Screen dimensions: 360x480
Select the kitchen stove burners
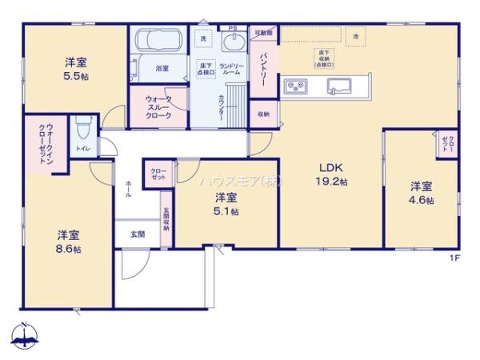tap(292, 85)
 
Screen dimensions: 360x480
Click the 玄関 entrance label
tap(137, 234)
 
